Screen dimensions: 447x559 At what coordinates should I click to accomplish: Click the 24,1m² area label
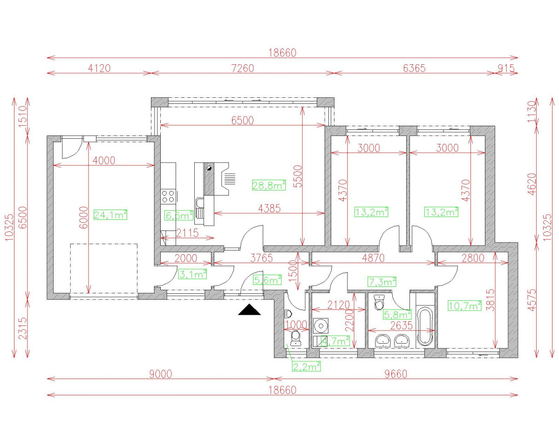coord(110,215)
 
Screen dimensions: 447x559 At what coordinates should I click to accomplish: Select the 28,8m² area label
coord(269,185)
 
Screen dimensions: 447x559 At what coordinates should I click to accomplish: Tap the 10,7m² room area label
coord(464,306)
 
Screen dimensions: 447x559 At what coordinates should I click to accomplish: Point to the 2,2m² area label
coord(307,366)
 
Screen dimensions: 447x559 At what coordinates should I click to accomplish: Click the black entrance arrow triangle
coord(249,310)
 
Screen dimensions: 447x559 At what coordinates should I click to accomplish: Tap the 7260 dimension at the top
coord(242,68)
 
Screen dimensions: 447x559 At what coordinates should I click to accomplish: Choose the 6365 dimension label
coord(414,68)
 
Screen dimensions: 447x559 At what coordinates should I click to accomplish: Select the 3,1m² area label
coord(192,275)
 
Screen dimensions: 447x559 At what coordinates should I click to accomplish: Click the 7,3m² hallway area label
coord(382,281)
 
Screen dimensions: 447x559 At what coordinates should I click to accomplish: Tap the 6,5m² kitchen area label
coord(179,216)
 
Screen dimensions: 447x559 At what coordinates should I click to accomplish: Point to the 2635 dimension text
coord(402,325)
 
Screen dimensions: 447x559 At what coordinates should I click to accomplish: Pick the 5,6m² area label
coord(267,280)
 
